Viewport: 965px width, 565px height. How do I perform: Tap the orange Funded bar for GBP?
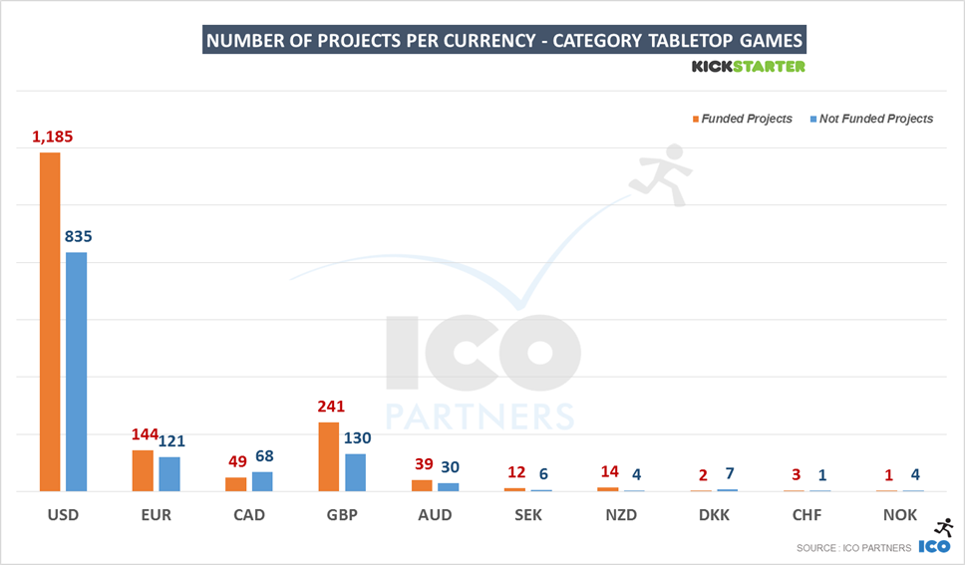point(328,456)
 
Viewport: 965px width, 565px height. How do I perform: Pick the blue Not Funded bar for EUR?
point(169,473)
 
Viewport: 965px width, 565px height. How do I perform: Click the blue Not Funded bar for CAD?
point(262,481)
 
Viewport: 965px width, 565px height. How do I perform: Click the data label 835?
point(78,236)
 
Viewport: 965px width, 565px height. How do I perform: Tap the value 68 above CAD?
point(263,456)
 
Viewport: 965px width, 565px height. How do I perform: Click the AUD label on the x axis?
point(435,515)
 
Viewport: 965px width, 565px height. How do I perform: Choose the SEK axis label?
point(528,515)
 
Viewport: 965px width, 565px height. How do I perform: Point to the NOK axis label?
point(900,515)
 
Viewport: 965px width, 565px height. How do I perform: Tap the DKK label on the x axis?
point(714,515)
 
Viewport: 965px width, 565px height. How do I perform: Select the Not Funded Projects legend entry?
point(874,119)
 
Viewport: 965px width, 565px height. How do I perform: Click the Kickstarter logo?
point(748,67)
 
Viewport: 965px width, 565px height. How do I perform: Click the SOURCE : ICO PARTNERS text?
point(853,548)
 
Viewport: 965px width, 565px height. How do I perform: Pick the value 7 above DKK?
point(729,473)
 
